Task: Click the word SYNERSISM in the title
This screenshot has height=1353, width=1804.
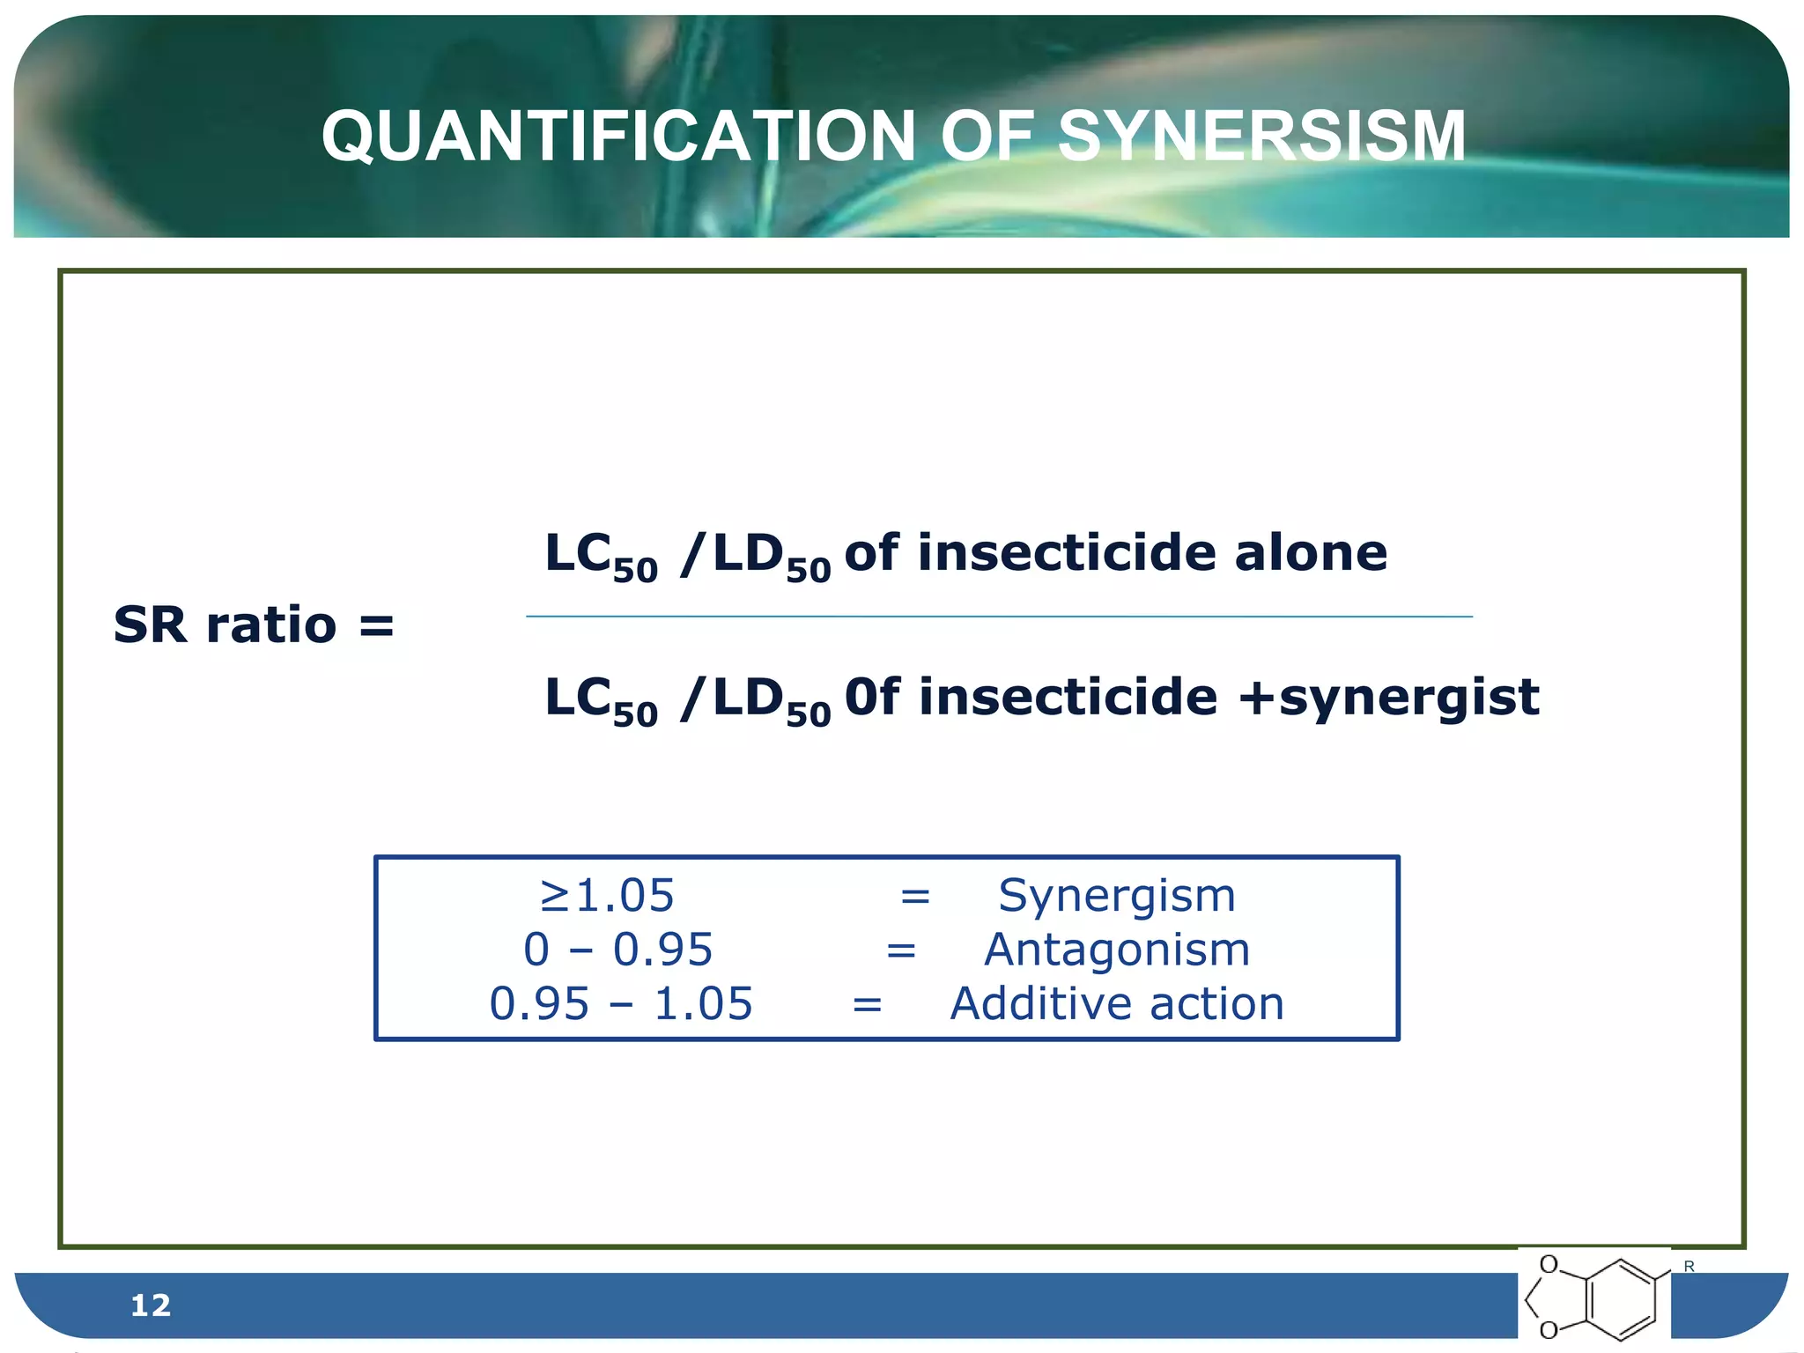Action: coord(1261,137)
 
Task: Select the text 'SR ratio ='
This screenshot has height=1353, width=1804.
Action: coord(254,625)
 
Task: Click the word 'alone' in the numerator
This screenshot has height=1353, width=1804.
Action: coord(1311,553)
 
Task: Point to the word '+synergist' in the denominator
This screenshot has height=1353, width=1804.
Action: coord(1388,698)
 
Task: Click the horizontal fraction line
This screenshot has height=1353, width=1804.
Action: coord(999,617)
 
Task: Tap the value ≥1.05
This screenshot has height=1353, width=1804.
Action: coord(607,896)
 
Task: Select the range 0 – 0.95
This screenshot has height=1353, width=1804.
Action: coord(617,950)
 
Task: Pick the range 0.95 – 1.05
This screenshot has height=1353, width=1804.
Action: coord(621,1004)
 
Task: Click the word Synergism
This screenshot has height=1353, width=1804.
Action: coord(1117,896)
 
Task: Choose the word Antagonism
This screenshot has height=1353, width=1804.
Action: coord(1117,950)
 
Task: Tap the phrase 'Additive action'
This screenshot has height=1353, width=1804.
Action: coord(1117,1004)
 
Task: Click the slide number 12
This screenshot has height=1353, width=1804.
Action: coord(150,1305)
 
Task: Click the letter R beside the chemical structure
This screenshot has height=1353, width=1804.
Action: coord(1689,1267)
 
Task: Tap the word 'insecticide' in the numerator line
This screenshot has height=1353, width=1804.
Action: coord(1068,553)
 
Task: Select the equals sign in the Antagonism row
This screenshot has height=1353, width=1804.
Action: coord(901,950)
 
